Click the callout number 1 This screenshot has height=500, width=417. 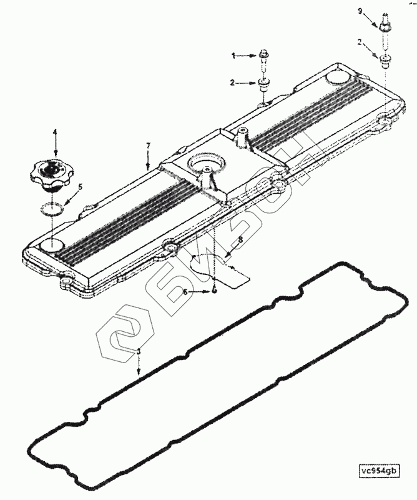click(233, 56)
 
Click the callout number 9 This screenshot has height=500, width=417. click(360, 11)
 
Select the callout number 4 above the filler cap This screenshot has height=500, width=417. click(55, 132)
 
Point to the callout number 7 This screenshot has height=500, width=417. click(148, 146)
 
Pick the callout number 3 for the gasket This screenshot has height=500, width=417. click(139, 352)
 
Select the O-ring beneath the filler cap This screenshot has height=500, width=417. click(54, 209)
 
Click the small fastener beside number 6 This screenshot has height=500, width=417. click(214, 291)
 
